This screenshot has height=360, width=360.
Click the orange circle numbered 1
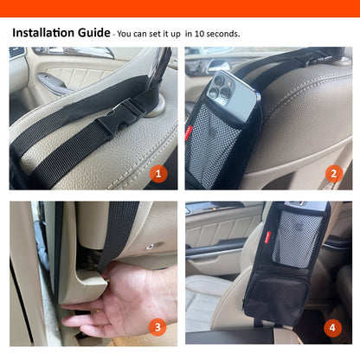pyautogui.click(x=157, y=173)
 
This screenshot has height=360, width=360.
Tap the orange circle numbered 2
pyautogui.click(x=333, y=173)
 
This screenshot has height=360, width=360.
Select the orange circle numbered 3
pyautogui.click(x=157, y=327)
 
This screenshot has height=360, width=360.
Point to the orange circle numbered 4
pyautogui.click(x=333, y=327)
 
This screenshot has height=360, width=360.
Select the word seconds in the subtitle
pyautogui.click(x=222, y=35)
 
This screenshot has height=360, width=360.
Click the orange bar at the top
pyautogui.click(x=180, y=8)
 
